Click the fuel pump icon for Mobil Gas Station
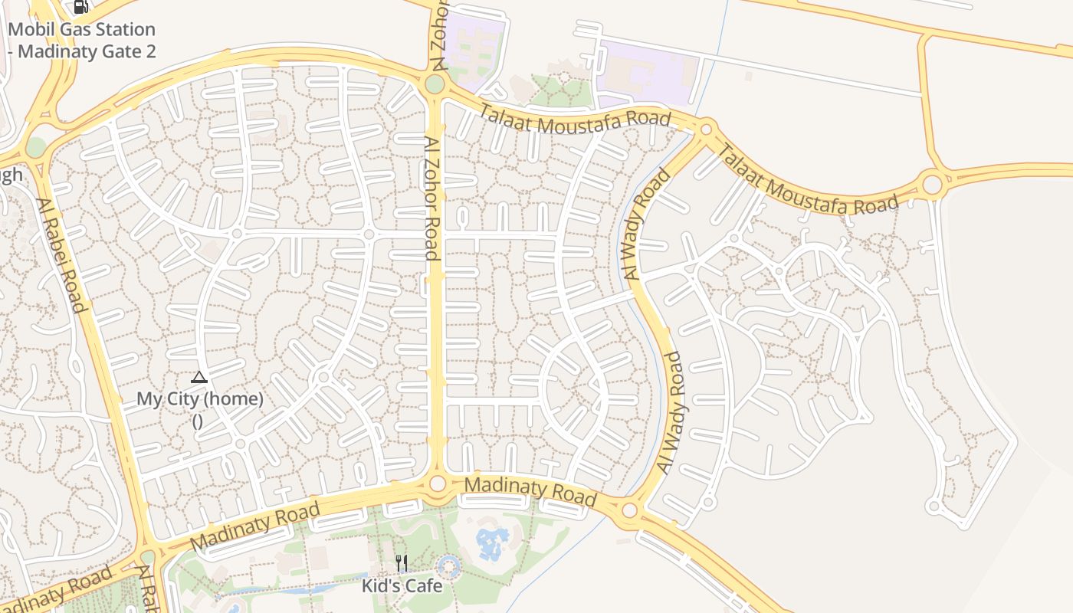pyautogui.click(x=80, y=7)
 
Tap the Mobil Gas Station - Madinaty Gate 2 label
pyautogui.click(x=81, y=41)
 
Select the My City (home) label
pyautogui.click(x=199, y=399)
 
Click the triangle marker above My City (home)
pyautogui.click(x=199, y=377)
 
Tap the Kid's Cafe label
pyautogui.click(x=402, y=586)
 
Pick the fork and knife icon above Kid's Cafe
pyautogui.click(x=402, y=563)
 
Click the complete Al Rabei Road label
pyautogui.click(x=60, y=255)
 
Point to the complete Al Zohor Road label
pyautogui.click(x=432, y=199)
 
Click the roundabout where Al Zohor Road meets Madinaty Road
pyautogui.click(x=438, y=484)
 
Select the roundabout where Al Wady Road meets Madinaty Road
pyautogui.click(x=629, y=510)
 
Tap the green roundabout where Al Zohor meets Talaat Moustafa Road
pyautogui.click(x=435, y=84)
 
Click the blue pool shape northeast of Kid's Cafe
pyautogui.click(x=490, y=543)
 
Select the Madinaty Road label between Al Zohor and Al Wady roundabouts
pyautogui.click(x=530, y=491)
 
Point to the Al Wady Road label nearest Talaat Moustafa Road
pyautogui.click(x=647, y=224)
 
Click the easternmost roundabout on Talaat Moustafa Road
pyautogui.click(x=932, y=185)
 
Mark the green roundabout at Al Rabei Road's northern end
pyautogui.click(x=36, y=146)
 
